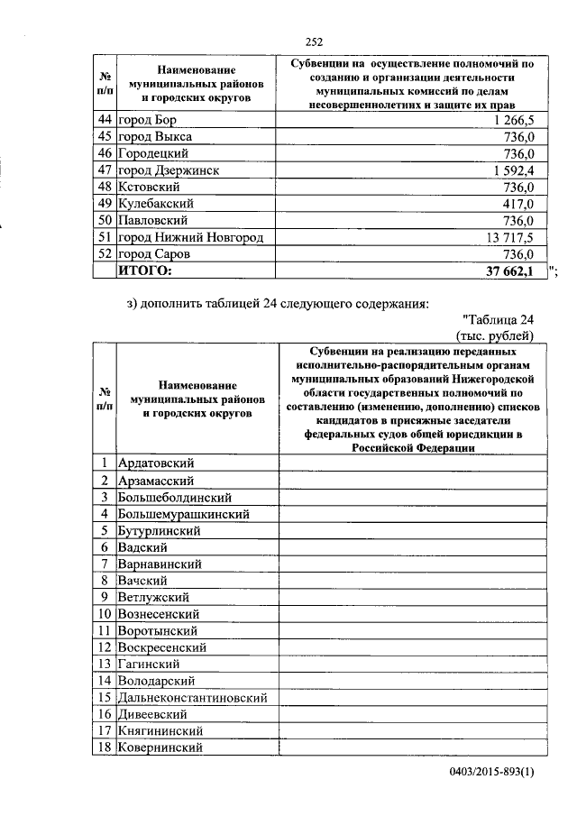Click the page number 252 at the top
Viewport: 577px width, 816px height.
click(x=314, y=41)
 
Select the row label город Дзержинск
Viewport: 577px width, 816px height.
click(x=169, y=170)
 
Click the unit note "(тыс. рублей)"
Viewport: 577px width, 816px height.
click(x=501, y=335)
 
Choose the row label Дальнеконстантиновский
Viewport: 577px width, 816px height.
click(x=194, y=698)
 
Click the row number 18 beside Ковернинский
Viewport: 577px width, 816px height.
click(x=105, y=747)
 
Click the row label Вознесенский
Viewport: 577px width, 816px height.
click(x=162, y=614)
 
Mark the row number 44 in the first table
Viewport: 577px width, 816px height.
click(x=105, y=120)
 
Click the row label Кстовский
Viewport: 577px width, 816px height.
click(x=150, y=187)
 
